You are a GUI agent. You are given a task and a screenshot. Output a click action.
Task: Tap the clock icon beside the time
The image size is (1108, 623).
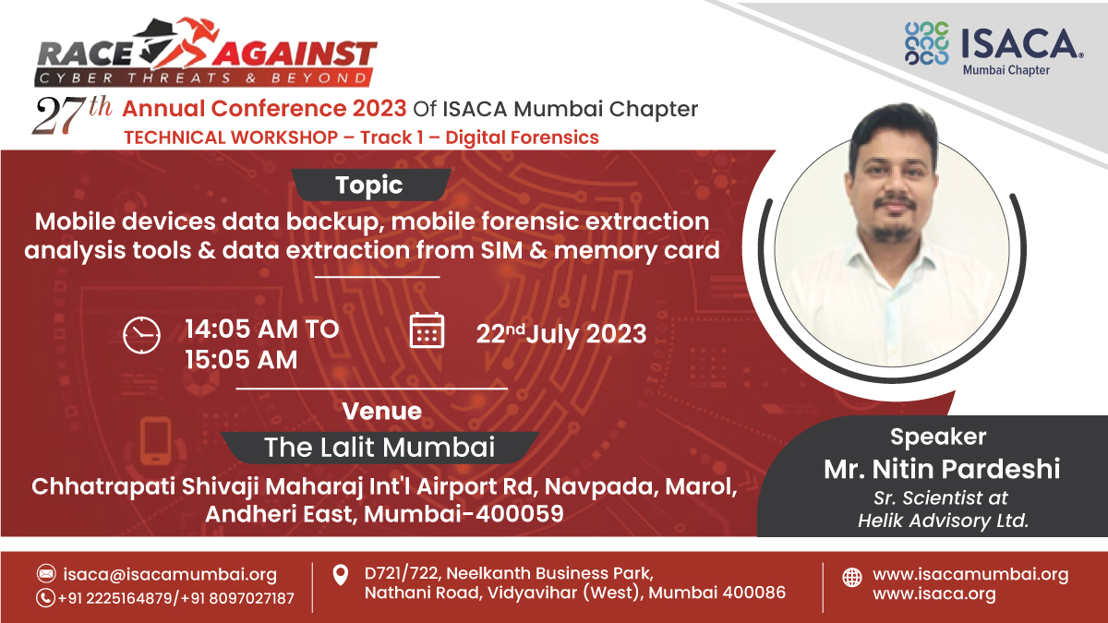click(141, 334)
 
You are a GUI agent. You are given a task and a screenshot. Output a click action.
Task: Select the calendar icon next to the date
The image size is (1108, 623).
click(427, 330)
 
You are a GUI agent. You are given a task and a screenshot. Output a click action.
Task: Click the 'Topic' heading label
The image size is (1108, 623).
click(369, 185)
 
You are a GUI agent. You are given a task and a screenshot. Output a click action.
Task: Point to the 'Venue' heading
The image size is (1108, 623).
click(381, 411)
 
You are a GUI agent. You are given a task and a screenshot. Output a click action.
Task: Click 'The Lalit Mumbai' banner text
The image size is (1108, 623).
click(379, 448)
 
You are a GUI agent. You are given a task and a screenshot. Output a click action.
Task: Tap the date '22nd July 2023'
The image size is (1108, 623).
click(560, 333)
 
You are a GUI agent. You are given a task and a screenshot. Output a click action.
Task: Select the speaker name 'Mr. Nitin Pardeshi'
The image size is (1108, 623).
click(942, 470)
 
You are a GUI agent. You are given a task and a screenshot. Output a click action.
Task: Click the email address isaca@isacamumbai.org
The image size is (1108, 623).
click(170, 574)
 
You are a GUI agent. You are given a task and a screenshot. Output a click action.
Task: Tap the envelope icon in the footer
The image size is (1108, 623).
click(46, 574)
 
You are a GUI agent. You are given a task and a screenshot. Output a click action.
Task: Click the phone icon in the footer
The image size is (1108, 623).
click(46, 597)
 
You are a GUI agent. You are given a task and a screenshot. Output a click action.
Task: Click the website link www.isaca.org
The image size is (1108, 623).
click(933, 594)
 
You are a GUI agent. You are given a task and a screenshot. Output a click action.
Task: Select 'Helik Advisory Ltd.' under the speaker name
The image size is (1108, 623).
click(942, 520)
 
